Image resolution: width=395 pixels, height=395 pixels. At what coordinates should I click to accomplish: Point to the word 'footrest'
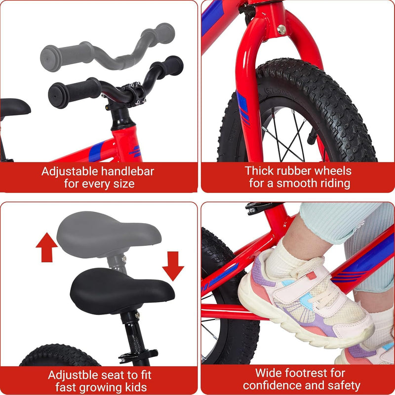320,373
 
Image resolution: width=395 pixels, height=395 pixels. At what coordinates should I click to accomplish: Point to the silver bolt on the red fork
281,29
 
